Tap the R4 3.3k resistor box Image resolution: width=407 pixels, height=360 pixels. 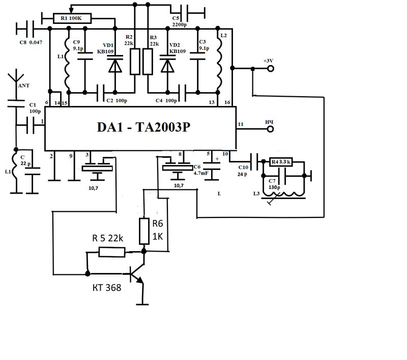(280, 162)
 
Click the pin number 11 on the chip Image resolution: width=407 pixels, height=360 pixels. (241, 124)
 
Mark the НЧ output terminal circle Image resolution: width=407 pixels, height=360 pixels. (270, 129)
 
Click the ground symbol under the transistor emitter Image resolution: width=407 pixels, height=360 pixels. (142, 305)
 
